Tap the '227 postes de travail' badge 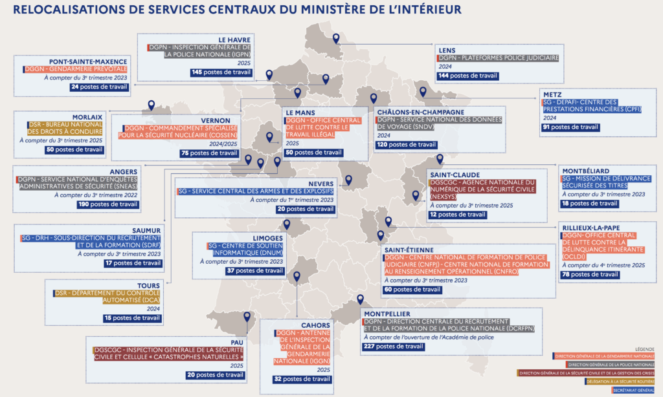point(393,347)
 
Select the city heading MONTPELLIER point(390,313)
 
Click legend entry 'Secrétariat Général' point(633,391)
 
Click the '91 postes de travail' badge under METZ point(570,127)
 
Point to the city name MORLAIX point(87,117)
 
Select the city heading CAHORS point(316,325)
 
